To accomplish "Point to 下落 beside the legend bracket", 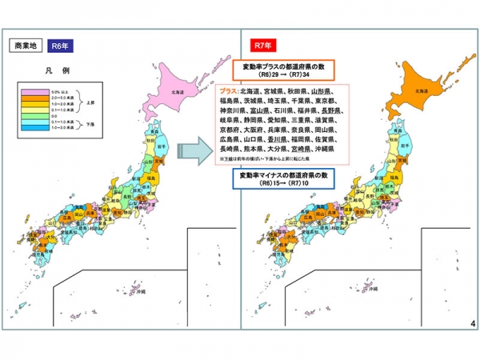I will pyautogui.click(x=90, y=123).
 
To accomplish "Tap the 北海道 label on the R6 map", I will pyautogui.click(x=175, y=92).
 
